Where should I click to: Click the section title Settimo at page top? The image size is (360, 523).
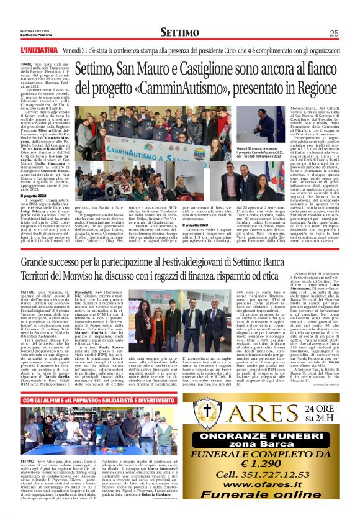click(x=180, y=32)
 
